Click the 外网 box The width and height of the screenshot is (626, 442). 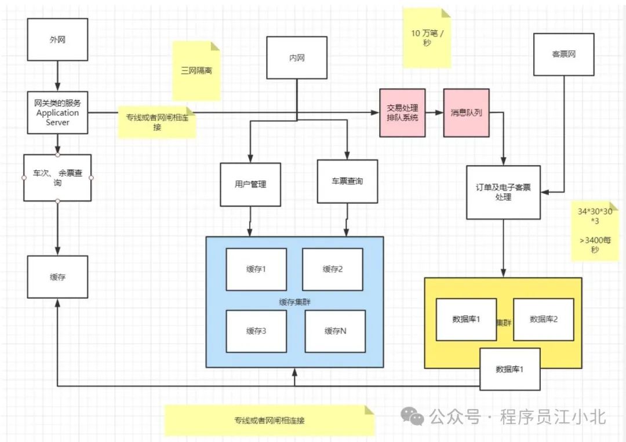click(x=58, y=40)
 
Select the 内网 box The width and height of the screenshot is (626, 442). click(x=297, y=58)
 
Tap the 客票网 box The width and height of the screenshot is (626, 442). click(x=563, y=54)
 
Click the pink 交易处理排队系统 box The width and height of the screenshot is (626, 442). click(x=402, y=113)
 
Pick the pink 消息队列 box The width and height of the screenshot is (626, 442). click(x=466, y=113)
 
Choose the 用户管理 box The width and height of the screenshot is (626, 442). click(x=250, y=184)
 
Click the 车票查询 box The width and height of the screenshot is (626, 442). click(x=347, y=181)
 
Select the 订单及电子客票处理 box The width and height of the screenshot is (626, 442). click(x=503, y=192)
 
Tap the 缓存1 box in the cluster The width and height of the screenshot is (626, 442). click(x=256, y=269)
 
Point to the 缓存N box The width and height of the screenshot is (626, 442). click(x=335, y=331)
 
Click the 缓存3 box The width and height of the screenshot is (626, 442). click(x=256, y=331)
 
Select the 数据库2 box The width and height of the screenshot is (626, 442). click(x=543, y=319)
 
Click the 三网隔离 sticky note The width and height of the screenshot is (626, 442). click(x=196, y=71)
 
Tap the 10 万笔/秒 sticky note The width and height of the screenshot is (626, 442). click(x=427, y=38)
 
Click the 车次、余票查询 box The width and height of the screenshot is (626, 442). click(x=57, y=177)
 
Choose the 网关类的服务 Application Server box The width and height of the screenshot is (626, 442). click(x=57, y=112)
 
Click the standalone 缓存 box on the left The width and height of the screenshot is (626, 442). click(x=57, y=277)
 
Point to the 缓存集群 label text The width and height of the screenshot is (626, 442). click(x=294, y=301)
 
